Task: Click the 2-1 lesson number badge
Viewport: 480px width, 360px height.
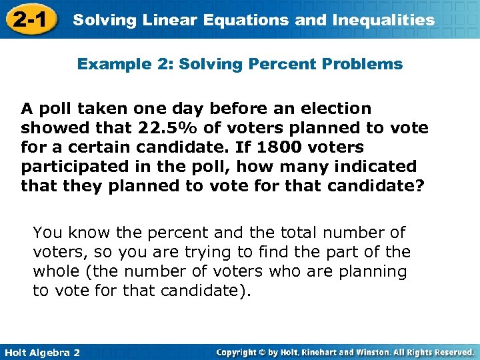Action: [x=28, y=19]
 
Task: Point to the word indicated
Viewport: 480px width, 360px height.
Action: [x=374, y=166]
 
